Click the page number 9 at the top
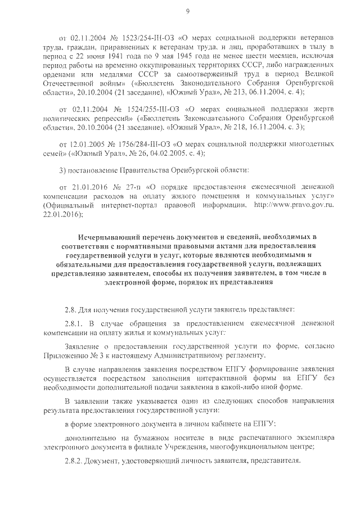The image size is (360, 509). (x=187, y=10)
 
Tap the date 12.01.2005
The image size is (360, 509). (x=85, y=143)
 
